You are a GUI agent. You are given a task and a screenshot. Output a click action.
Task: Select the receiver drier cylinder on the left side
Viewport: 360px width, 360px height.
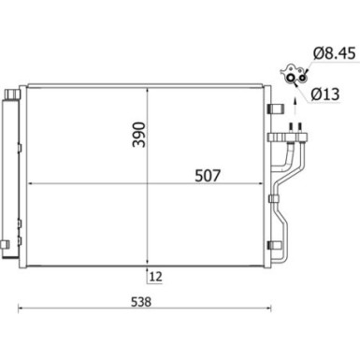12,173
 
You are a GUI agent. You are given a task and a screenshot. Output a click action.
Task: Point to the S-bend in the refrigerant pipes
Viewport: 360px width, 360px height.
284,220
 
